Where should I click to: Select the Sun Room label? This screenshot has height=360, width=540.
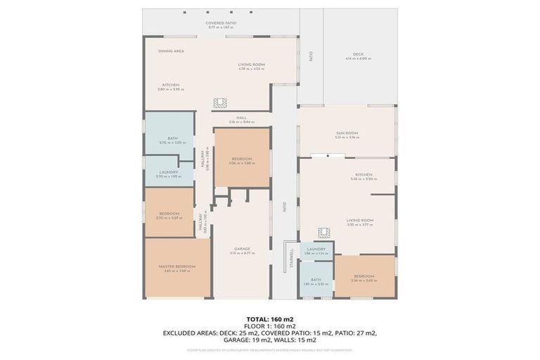click(x=347, y=133)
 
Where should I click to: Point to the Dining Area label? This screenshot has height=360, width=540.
click(x=171, y=51)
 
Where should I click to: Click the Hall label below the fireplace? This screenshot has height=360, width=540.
click(x=241, y=118)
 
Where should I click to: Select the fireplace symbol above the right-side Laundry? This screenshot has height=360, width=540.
click(x=324, y=233)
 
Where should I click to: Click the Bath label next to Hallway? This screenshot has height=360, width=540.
click(x=172, y=139)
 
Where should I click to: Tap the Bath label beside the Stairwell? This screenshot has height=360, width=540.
click(x=316, y=279)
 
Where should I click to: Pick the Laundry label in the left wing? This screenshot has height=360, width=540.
click(x=168, y=172)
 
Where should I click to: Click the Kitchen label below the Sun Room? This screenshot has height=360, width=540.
click(x=364, y=174)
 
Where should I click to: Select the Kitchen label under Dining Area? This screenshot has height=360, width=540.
click(x=171, y=85)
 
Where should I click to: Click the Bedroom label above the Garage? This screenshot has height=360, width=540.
click(x=241, y=160)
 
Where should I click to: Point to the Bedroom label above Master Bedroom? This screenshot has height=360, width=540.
click(x=169, y=214)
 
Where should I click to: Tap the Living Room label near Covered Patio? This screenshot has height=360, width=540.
click(x=251, y=65)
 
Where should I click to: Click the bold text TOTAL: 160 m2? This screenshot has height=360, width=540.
click(x=269, y=319)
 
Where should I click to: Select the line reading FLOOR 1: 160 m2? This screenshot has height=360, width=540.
click(x=269, y=326)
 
